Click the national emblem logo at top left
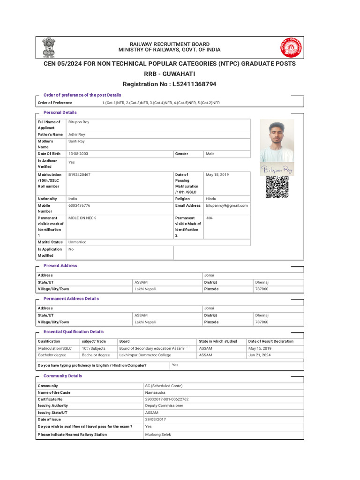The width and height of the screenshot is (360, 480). pos(49,47)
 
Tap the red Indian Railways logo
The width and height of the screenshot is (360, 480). pos(291,47)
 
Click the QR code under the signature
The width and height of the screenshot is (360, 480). pos(277,187)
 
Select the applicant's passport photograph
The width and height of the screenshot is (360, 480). pos(277,141)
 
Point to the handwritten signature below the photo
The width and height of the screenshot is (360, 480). pos(277,169)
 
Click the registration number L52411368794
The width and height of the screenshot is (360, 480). pos(169,84)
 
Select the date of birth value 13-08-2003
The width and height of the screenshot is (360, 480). pos(79,154)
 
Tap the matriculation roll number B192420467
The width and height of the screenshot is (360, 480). pos(80,174)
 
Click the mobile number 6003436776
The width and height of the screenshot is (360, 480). pos(79,205)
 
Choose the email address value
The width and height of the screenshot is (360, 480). pos(227,205)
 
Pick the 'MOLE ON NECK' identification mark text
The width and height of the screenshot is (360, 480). pos(82,218)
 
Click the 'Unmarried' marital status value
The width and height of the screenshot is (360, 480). pos(77,242)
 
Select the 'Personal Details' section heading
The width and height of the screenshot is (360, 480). pos(60,112)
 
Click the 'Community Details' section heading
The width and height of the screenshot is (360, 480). pos(62,376)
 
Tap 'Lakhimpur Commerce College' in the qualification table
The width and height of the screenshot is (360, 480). pos(145,355)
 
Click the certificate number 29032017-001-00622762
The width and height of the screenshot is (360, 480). pos(167,399)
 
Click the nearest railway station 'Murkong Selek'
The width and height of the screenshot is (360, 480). pos(158,435)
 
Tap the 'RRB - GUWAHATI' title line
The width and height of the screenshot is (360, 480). pos(169,74)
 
